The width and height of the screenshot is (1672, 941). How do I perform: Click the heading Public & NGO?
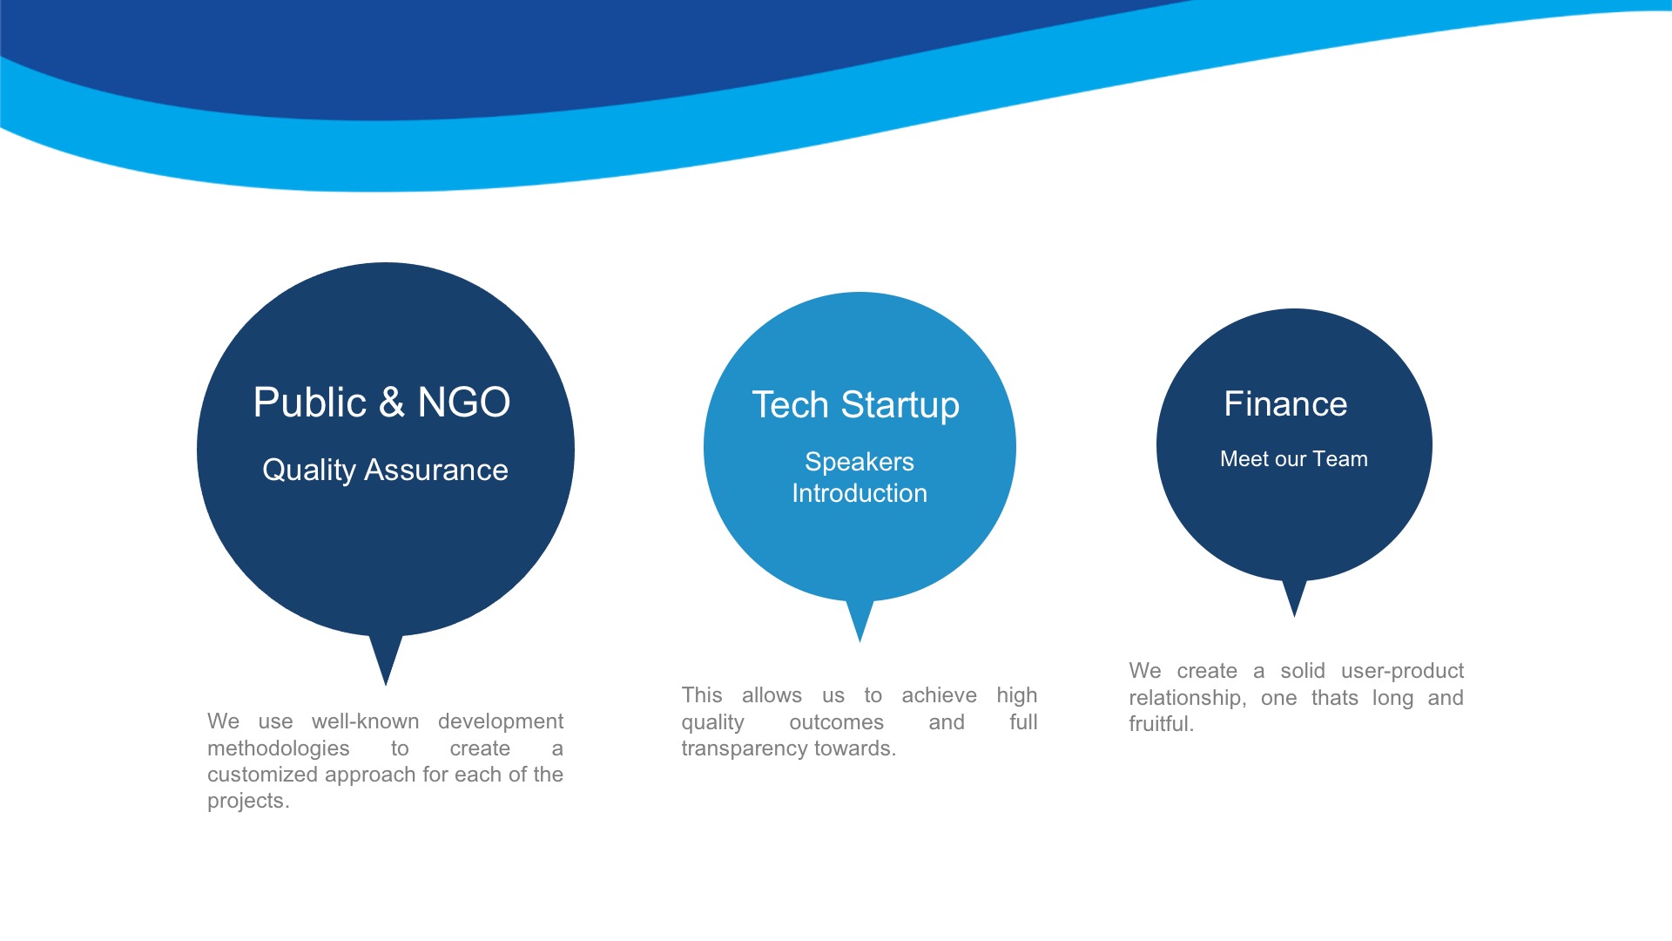click(x=381, y=403)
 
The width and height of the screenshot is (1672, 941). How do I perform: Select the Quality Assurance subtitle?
click(x=385, y=470)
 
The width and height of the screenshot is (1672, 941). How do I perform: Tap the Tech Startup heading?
click(x=856, y=406)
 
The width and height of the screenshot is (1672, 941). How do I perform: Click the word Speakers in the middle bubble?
click(x=860, y=462)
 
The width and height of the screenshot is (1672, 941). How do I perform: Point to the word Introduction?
click(x=860, y=493)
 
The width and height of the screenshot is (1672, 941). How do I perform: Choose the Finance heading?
click(x=1285, y=404)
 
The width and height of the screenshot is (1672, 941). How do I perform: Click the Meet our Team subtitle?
click(x=1294, y=459)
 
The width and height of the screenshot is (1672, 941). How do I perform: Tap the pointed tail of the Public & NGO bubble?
click(x=386, y=685)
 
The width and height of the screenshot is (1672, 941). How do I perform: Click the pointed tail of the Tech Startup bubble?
click(x=860, y=641)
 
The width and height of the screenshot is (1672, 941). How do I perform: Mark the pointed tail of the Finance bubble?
click(x=1295, y=616)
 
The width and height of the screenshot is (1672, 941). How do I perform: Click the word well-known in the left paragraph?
click(x=366, y=721)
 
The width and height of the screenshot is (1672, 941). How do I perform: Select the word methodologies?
click(x=279, y=748)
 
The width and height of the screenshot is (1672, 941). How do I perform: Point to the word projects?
click(x=248, y=802)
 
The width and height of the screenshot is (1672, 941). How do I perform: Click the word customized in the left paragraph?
click(x=262, y=775)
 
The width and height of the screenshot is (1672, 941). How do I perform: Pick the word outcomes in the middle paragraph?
click(x=836, y=722)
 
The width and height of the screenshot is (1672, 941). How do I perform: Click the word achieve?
click(x=939, y=695)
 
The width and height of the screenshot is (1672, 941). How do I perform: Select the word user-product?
click(x=1403, y=672)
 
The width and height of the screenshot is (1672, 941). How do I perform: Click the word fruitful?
click(x=1161, y=724)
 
